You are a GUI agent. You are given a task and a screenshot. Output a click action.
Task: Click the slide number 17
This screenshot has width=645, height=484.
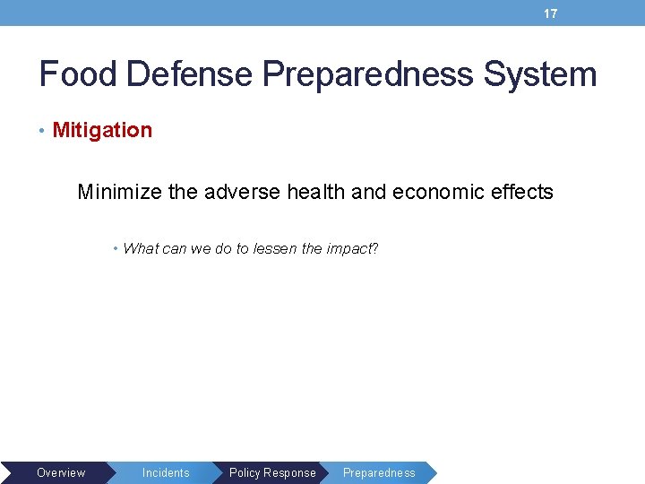(551, 13)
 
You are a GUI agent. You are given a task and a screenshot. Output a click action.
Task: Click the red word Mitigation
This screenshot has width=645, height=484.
(102, 130)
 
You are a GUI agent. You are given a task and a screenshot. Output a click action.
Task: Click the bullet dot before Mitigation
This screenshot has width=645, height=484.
(43, 131)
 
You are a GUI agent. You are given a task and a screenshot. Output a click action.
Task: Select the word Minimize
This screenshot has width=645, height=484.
(118, 192)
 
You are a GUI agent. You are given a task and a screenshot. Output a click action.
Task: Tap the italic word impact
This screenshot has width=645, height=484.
(347, 249)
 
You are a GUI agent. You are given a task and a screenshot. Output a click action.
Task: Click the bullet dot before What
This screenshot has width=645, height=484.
(116, 248)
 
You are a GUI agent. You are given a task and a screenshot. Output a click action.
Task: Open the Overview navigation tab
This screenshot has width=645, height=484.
(61, 472)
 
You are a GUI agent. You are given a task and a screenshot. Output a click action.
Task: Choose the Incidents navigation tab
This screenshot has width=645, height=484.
(166, 472)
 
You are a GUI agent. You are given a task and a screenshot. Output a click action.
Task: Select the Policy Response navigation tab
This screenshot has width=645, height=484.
(272, 472)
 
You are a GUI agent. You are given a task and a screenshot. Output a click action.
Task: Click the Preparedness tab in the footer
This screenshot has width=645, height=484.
(379, 472)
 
